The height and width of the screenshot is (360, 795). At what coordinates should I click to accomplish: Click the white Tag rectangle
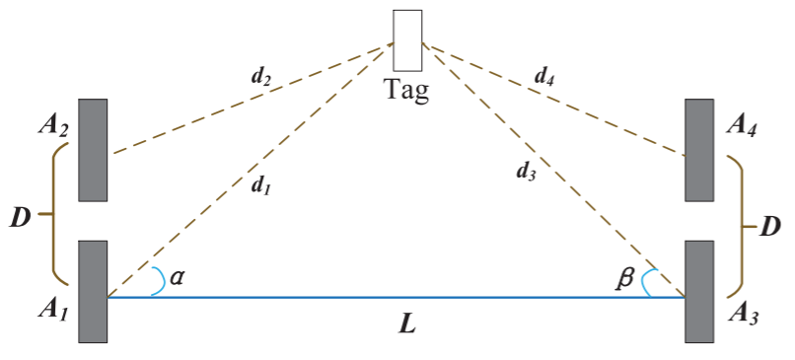(x=407, y=40)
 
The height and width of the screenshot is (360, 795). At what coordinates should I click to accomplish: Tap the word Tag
(x=407, y=92)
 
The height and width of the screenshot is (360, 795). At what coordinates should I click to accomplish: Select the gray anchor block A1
(x=93, y=292)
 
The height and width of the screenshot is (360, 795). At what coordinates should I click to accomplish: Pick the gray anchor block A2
(x=93, y=150)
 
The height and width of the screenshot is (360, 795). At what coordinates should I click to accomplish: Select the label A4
(x=744, y=124)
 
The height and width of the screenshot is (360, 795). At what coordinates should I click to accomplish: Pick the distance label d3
(x=526, y=171)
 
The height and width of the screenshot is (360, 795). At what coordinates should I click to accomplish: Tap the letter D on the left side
(x=19, y=217)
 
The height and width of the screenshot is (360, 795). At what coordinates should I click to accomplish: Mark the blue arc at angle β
(x=647, y=283)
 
